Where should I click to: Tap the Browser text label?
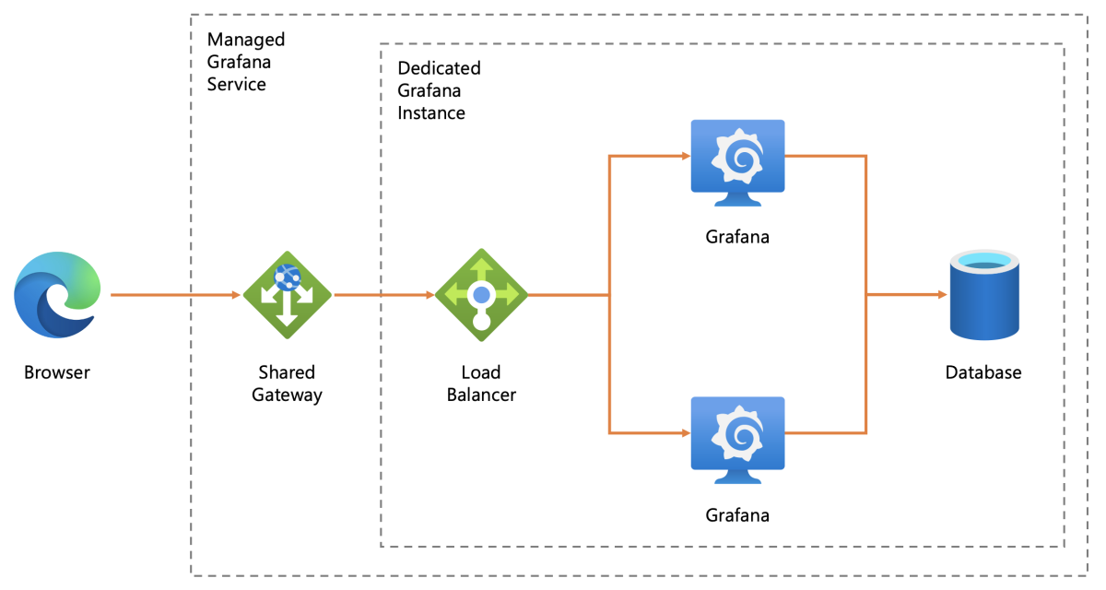tap(57, 373)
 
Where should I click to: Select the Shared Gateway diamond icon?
tap(287, 295)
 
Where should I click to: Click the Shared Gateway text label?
tap(287, 383)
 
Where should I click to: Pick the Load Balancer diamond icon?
tap(481, 295)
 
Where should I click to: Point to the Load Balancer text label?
tap(481, 383)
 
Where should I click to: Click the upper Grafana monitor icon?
tap(737, 161)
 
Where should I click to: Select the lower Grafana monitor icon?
tap(737, 438)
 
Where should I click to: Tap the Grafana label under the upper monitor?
tap(737, 237)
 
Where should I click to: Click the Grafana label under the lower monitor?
tap(737, 514)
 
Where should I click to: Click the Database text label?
tap(983, 373)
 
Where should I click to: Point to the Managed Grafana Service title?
tap(246, 62)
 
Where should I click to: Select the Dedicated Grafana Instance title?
tap(439, 91)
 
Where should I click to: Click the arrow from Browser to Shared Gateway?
tap(175, 295)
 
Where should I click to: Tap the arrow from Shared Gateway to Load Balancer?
tap(382, 295)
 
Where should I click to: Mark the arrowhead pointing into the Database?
tap(941, 295)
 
